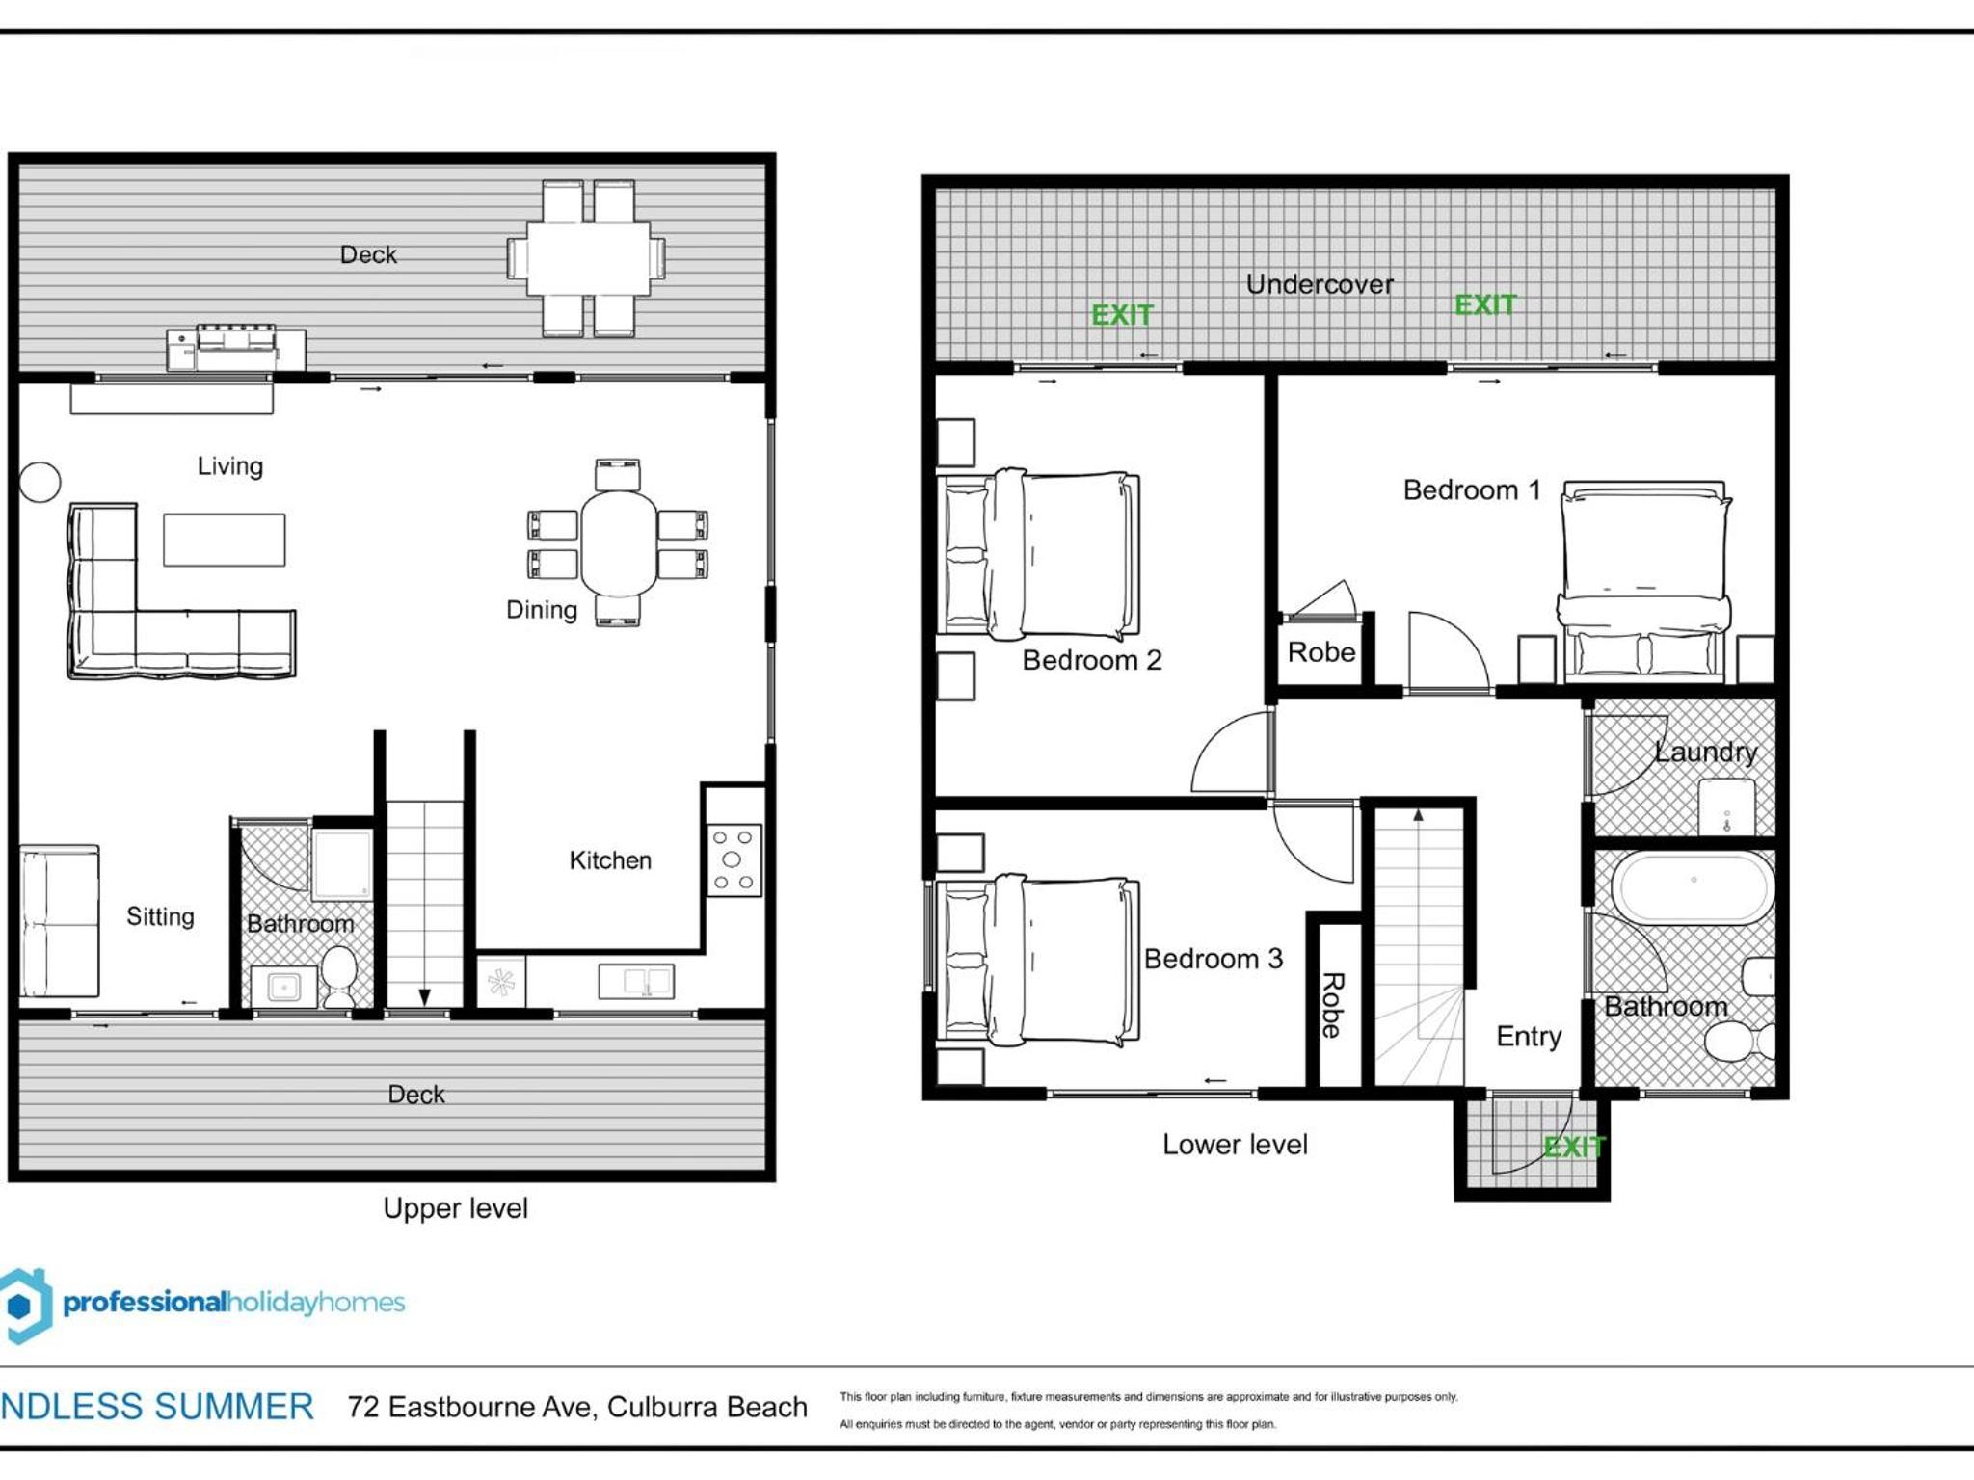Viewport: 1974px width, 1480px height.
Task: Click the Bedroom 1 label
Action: (1471, 489)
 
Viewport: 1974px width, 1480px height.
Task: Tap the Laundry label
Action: (1705, 752)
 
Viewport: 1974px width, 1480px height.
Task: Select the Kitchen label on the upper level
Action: (610, 859)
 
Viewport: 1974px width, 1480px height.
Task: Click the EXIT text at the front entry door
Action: (1573, 1147)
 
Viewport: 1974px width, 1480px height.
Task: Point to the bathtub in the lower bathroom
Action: (1693, 886)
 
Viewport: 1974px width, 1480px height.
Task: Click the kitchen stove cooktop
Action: (734, 860)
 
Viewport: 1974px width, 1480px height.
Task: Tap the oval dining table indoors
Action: (619, 543)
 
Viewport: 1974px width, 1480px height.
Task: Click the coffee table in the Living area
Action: (224, 540)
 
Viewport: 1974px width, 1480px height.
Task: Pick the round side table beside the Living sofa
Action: (40, 482)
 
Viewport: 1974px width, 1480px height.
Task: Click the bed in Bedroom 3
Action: (1039, 960)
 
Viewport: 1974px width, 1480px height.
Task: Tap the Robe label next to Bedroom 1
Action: (1321, 652)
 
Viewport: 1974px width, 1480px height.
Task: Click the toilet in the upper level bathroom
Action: (338, 975)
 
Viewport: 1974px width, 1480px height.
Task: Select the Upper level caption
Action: (455, 1208)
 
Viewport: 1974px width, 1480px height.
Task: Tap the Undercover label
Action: (1320, 284)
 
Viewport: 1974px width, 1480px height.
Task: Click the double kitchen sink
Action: (636, 982)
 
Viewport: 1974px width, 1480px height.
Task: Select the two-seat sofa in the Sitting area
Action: (60, 921)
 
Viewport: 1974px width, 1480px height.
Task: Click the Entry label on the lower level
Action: (1529, 1037)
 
